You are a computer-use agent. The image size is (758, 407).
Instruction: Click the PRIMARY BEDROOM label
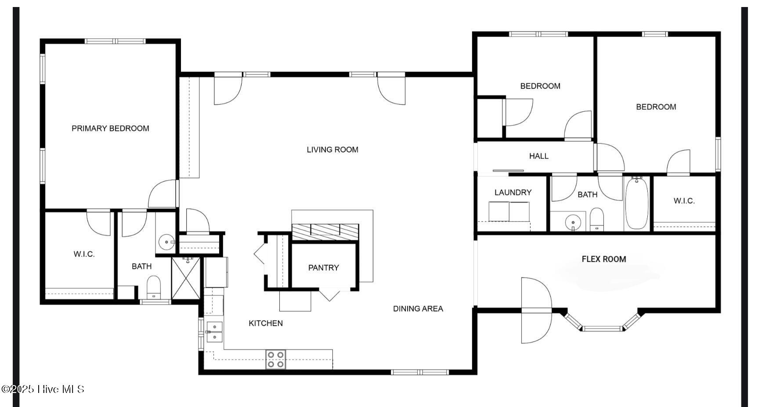(x=110, y=129)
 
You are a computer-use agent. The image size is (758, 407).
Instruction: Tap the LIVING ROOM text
(x=332, y=150)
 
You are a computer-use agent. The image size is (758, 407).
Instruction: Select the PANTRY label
(x=324, y=268)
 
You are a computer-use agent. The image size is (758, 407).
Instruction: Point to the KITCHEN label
(x=266, y=323)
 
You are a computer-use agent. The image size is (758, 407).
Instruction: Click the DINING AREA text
(x=418, y=309)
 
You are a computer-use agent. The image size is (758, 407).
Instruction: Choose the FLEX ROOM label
(x=604, y=259)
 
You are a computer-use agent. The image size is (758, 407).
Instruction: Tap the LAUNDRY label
(x=513, y=193)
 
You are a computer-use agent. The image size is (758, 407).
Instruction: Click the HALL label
(x=539, y=156)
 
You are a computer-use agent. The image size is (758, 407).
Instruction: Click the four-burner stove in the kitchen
(x=276, y=360)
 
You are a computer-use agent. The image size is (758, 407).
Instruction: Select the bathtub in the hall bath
(x=636, y=203)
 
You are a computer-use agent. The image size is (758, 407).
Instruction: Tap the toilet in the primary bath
(x=154, y=286)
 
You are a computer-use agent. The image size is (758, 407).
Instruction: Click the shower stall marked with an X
(x=186, y=278)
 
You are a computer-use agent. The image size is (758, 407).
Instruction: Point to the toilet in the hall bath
(x=596, y=219)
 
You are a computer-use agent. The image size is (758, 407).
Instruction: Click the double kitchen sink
(x=215, y=332)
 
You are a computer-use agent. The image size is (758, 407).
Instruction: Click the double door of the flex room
(x=536, y=311)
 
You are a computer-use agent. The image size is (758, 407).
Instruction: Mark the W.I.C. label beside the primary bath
(x=84, y=254)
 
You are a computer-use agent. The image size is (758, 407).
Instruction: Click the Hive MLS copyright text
(x=43, y=389)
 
